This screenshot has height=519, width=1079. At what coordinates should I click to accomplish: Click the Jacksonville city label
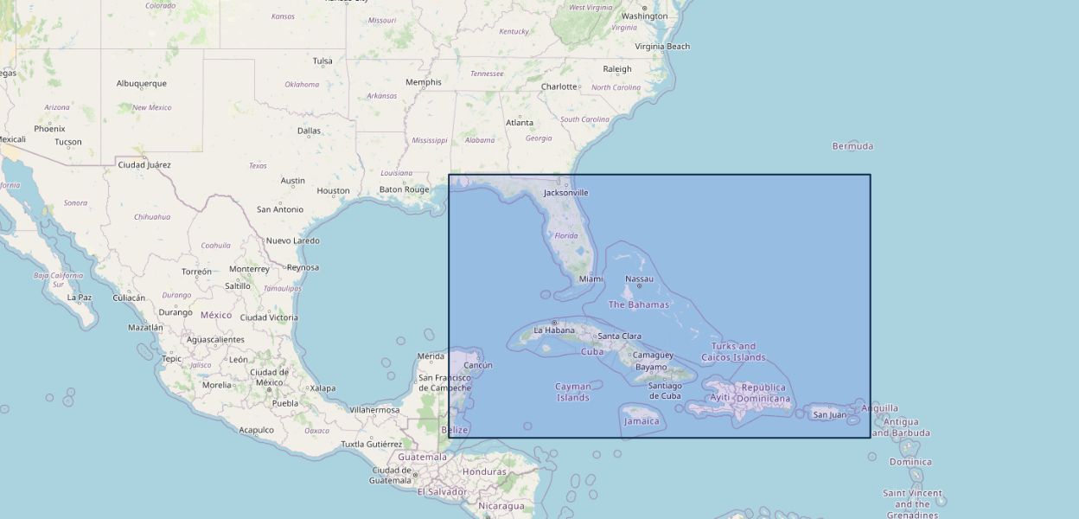click(565, 192)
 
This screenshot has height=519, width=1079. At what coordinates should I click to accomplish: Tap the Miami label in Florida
click(591, 279)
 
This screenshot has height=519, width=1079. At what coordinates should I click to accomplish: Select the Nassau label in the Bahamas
click(639, 279)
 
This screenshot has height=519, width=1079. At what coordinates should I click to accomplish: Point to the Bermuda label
click(852, 146)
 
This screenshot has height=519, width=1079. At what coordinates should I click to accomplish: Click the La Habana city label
click(554, 330)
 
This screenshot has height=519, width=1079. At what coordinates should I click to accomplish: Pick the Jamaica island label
click(642, 421)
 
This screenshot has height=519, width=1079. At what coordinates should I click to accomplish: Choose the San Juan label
click(830, 414)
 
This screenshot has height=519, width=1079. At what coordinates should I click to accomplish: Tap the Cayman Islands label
click(572, 392)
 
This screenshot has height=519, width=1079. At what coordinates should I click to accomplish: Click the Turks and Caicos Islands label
click(733, 351)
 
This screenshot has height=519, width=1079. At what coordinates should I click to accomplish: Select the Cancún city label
click(478, 365)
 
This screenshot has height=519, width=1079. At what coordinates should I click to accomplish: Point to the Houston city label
click(333, 191)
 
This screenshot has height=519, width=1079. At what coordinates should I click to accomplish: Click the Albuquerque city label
click(142, 84)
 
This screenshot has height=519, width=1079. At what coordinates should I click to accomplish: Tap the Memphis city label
click(424, 82)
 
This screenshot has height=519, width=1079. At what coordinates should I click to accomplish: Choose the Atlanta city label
click(520, 123)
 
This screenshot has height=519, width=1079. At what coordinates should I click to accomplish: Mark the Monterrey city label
click(249, 268)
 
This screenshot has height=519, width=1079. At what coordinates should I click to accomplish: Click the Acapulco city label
click(256, 430)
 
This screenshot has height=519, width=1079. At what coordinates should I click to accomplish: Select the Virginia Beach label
click(662, 47)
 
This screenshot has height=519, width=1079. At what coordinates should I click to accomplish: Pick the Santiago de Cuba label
click(665, 391)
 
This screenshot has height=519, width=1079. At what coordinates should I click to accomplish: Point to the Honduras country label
click(484, 471)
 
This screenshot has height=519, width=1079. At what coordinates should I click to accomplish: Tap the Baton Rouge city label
click(404, 189)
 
